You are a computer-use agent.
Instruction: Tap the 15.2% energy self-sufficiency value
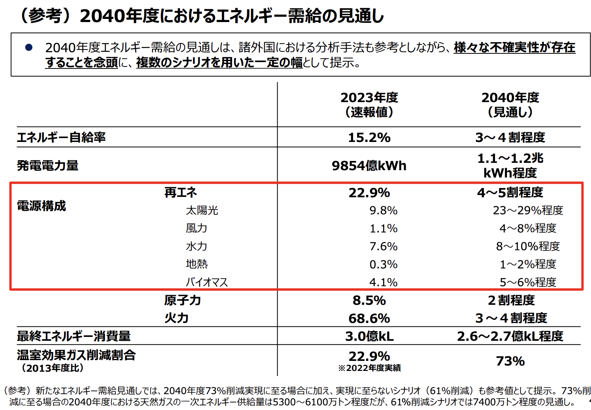[x=369, y=137]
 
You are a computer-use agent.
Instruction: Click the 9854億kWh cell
[x=369, y=166]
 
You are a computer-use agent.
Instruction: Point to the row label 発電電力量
[x=48, y=166]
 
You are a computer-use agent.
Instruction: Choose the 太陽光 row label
[x=202, y=210]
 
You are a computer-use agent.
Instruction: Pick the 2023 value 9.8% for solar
[x=383, y=210]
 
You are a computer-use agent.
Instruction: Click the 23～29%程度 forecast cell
[x=528, y=210]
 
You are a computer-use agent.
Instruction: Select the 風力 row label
[x=196, y=228]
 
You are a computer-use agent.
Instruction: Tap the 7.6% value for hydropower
[x=383, y=246]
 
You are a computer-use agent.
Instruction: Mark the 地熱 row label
[x=197, y=264]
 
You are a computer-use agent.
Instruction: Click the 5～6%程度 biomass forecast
[x=528, y=282]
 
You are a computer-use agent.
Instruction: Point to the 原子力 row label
[x=182, y=300]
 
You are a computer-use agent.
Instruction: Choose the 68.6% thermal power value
[x=369, y=318]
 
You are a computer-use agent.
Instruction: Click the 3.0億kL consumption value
[x=369, y=336]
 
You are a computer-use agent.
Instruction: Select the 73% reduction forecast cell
[x=510, y=361]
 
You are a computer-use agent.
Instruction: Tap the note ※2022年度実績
[x=369, y=368]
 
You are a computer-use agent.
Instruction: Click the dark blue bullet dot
[x=29, y=48]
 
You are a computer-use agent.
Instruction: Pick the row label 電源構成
[x=41, y=206]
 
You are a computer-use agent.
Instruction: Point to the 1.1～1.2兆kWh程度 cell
[x=510, y=166]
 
